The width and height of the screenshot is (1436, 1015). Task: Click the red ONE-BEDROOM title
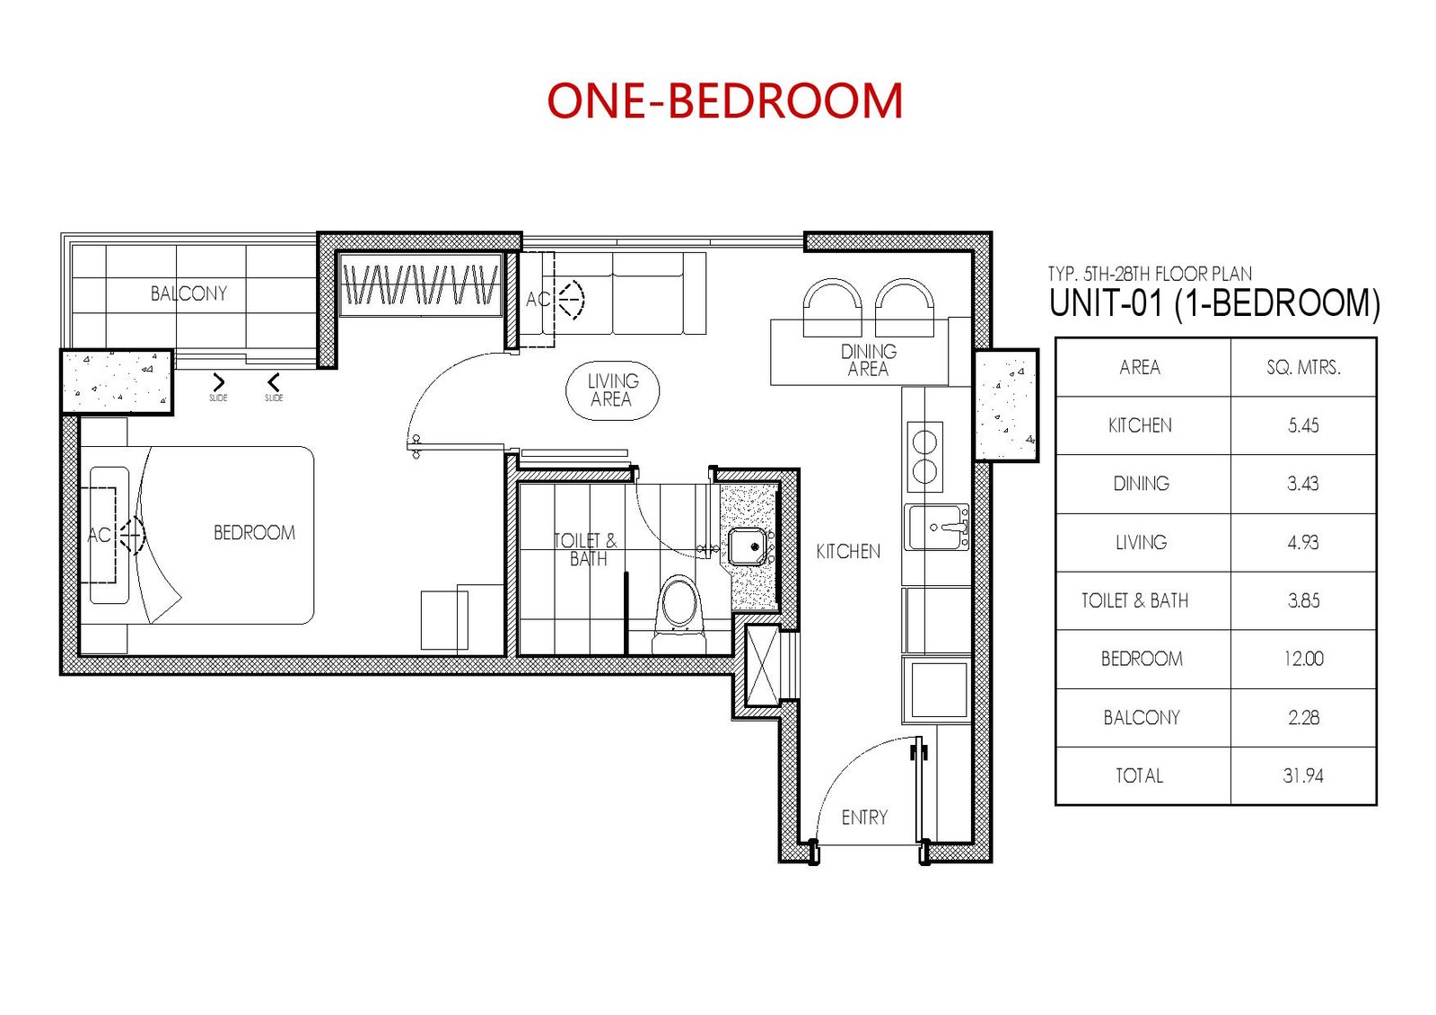point(725,101)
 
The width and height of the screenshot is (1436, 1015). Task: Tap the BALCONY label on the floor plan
point(188,293)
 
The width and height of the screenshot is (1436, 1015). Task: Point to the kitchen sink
point(937,527)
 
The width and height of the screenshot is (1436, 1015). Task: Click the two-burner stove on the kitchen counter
point(924,457)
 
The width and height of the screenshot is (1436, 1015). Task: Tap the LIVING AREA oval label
point(612,390)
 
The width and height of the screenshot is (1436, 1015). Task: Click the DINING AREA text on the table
point(869,361)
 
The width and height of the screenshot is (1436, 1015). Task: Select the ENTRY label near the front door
point(864,818)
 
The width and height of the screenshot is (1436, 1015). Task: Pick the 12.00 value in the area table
point(1303,659)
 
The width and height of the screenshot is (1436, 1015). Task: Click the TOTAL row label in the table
point(1139,776)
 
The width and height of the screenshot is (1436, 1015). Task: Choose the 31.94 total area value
point(1303,776)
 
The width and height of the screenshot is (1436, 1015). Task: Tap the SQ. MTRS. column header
point(1303,367)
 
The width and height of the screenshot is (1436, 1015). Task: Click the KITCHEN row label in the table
point(1140,425)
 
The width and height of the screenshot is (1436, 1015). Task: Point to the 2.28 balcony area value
point(1303,717)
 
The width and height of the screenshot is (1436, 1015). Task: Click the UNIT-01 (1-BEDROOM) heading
point(1215,303)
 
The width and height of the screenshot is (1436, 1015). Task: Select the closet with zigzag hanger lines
point(421,284)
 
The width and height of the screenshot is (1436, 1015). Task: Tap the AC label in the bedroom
point(99,535)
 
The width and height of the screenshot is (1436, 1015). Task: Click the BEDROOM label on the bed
point(255,533)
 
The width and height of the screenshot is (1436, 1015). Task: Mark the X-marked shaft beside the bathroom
point(763,666)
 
